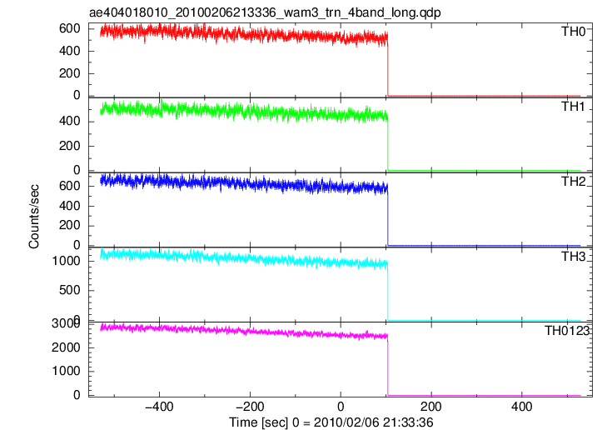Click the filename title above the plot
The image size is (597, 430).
[265, 12]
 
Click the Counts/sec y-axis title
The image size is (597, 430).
[34, 216]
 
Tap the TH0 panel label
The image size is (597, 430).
[573, 32]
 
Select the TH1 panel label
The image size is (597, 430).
[573, 107]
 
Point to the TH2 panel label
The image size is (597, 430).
[573, 182]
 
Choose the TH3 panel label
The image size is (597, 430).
[573, 257]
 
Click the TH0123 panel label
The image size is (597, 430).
[566, 331]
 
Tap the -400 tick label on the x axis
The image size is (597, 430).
[159, 407]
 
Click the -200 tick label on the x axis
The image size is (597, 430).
[250, 407]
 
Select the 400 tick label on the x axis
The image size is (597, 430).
[521, 407]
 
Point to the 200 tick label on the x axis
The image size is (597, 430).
[431, 407]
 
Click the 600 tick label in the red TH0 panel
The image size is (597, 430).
[70, 28]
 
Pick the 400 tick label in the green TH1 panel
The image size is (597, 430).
[70, 121]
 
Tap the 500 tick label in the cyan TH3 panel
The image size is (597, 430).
[70, 290]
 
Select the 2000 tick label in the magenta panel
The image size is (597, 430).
[67, 347]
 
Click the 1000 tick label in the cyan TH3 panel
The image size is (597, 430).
[67, 261]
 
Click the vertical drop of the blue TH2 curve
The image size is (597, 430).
[388, 216]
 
